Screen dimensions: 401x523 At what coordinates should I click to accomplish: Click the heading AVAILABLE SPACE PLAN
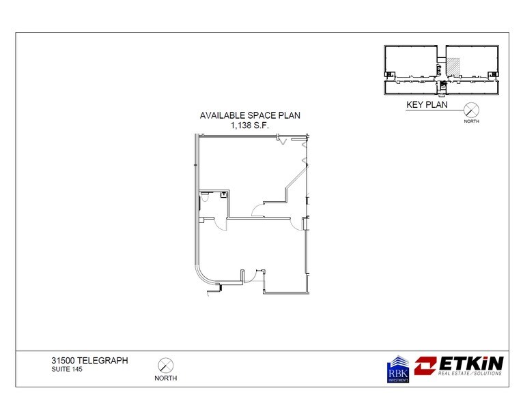[250, 116]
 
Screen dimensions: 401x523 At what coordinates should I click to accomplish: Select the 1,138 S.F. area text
[250, 125]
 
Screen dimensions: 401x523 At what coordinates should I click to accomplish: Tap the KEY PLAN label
[427, 105]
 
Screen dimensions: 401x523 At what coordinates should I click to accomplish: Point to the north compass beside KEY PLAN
[470, 109]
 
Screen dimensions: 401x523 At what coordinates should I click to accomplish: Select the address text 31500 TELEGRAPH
[89, 360]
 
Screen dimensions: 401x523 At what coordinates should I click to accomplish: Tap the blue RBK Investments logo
[398, 369]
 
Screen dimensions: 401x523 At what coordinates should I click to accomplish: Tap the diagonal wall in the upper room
[296, 177]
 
